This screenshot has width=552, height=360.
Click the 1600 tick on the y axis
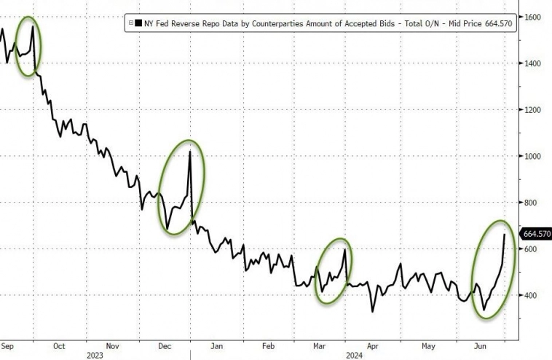click(x=532, y=17)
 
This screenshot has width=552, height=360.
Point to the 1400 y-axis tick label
click(x=532, y=63)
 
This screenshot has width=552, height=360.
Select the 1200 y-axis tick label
click(x=532, y=110)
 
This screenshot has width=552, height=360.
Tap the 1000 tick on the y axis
click(x=532, y=156)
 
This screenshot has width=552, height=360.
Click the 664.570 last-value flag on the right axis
click(x=535, y=234)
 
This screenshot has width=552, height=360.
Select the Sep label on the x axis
click(x=8, y=346)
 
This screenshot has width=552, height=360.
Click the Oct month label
click(x=59, y=346)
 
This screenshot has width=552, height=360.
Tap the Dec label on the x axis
click(x=165, y=346)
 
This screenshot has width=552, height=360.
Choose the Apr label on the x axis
click(x=374, y=346)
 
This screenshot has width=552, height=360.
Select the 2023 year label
click(x=95, y=356)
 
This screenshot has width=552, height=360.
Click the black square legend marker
click(x=138, y=23)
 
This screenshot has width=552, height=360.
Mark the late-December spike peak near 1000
click(x=190, y=152)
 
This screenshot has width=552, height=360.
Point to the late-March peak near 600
click(x=344, y=250)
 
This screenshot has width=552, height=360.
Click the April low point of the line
click(x=373, y=312)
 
